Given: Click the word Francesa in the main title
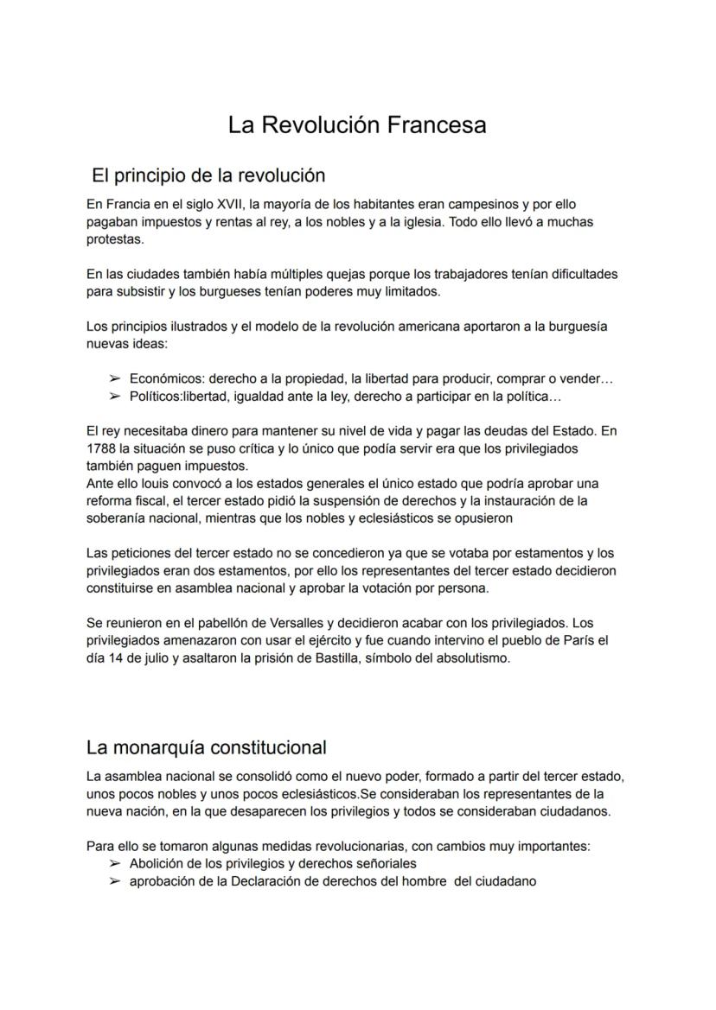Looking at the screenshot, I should [x=436, y=125].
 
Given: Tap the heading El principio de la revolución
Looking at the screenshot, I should [x=208, y=175].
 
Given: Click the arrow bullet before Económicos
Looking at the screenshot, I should [x=114, y=379].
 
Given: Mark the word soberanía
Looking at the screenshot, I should [x=118, y=518].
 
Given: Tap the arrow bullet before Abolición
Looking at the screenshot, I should [x=114, y=864].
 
